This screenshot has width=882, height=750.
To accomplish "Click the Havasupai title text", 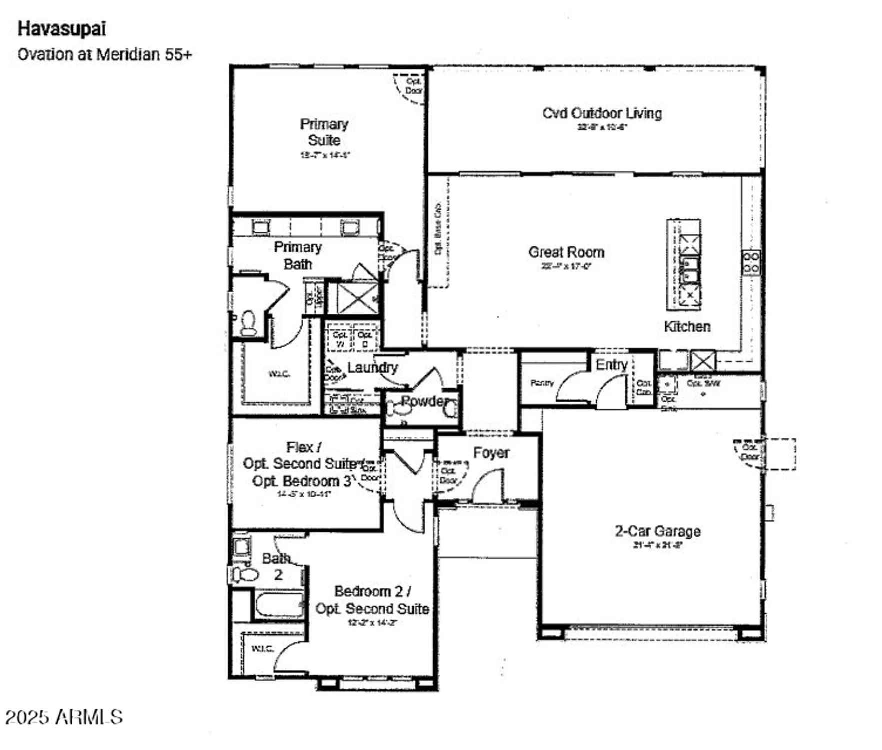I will click(x=61, y=29).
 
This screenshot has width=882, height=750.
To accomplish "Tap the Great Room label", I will click(x=566, y=252).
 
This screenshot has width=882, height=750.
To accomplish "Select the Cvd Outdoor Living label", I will click(x=602, y=113).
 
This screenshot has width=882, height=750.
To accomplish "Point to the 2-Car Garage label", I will click(x=657, y=531).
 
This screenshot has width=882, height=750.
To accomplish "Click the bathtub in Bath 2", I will click(x=279, y=605).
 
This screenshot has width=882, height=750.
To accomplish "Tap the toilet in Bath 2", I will click(x=245, y=574).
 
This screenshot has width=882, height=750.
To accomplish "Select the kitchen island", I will click(x=683, y=264).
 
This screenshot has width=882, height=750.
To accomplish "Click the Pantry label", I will click(x=542, y=383).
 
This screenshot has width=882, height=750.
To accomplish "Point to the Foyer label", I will click(x=491, y=453).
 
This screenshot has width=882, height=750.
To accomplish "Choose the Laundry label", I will click(x=372, y=368).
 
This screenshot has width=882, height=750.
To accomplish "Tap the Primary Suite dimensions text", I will click(x=324, y=155).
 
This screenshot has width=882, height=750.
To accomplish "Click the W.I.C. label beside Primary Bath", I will click(x=279, y=374).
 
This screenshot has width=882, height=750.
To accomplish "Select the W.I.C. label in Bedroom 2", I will click(x=262, y=649).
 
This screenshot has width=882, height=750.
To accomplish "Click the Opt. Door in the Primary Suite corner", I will click(x=413, y=86).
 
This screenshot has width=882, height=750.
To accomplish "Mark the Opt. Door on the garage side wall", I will click(x=750, y=452).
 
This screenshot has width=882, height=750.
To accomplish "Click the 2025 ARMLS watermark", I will click(x=64, y=717).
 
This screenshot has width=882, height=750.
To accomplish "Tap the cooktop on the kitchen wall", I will click(x=751, y=262).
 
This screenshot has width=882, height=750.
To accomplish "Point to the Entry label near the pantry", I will click(x=611, y=365).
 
